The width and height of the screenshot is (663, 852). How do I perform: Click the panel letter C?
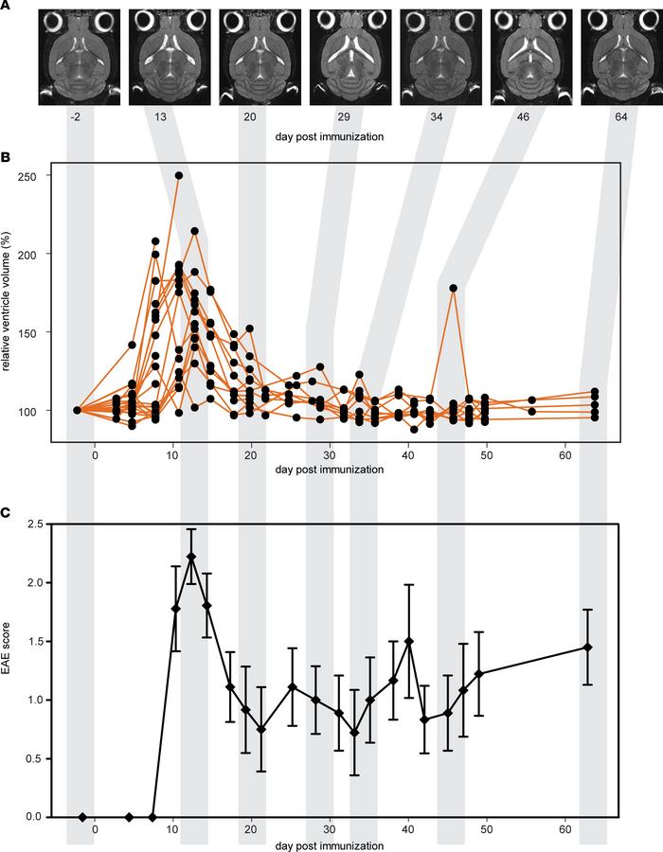coord(7,511)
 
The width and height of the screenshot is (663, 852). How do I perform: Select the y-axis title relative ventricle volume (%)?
coord(17,293)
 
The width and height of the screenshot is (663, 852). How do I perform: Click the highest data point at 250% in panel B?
coord(179,175)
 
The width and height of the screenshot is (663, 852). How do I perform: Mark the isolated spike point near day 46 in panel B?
coord(454,288)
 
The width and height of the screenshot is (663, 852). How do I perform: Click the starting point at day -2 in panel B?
coord(77,410)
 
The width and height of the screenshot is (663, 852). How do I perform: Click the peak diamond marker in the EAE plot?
coord(191,557)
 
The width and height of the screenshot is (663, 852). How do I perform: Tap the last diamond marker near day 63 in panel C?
coord(587,647)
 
